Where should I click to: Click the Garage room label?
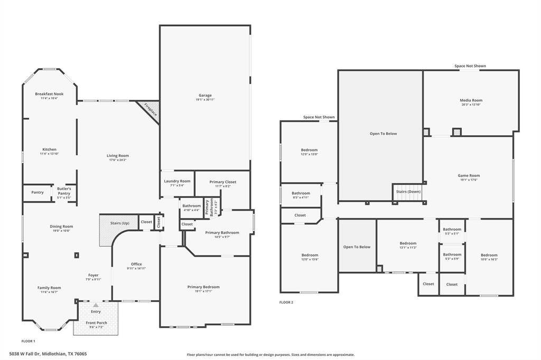click(x=205, y=96)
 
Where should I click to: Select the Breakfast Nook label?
click(x=49, y=94)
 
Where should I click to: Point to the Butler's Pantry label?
click(x=64, y=188)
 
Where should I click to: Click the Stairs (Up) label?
click(x=119, y=223)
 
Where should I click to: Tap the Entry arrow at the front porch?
click(x=96, y=305)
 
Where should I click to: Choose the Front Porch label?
click(x=96, y=323)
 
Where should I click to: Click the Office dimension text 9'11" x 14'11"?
click(x=136, y=269)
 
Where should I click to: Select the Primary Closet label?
click(x=222, y=182)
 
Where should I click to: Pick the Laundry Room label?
click(x=177, y=181)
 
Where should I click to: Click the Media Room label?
click(x=471, y=100)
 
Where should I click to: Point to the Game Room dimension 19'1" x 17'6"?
click(x=469, y=180)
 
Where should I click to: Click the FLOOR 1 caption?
click(x=28, y=341)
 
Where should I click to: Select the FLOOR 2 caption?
click(x=286, y=302)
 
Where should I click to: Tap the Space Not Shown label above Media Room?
click(x=470, y=66)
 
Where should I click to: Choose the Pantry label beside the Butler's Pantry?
click(x=38, y=192)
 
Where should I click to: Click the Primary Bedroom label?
click(x=203, y=287)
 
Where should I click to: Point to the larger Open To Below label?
click(x=383, y=134)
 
